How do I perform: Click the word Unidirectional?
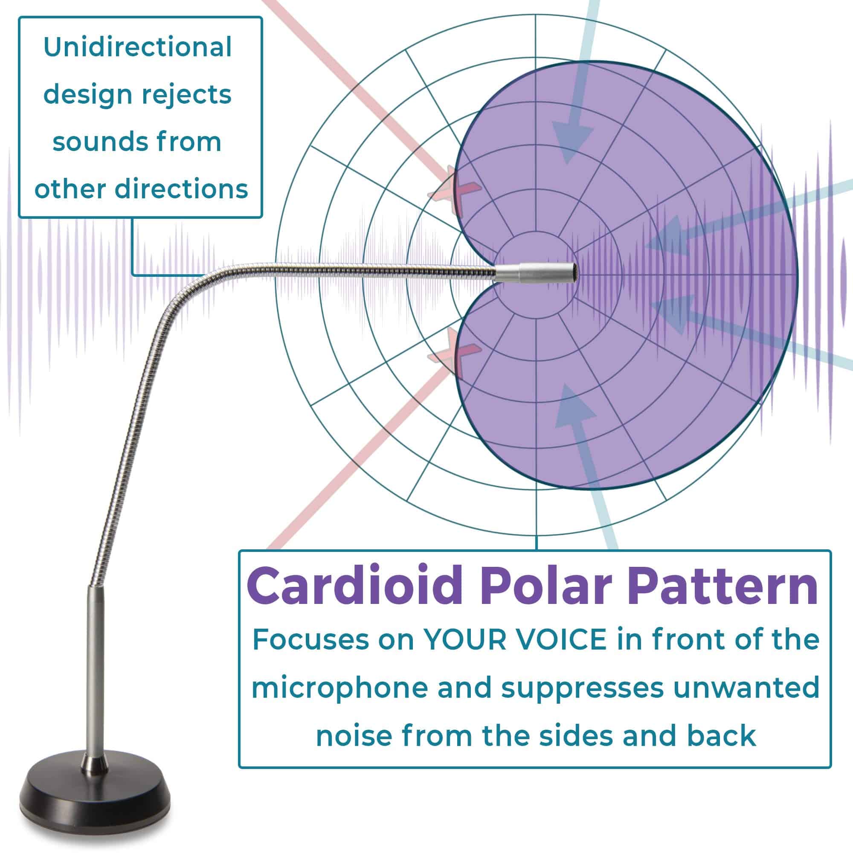pos(138,47)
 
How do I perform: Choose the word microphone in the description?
pos(339,688)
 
